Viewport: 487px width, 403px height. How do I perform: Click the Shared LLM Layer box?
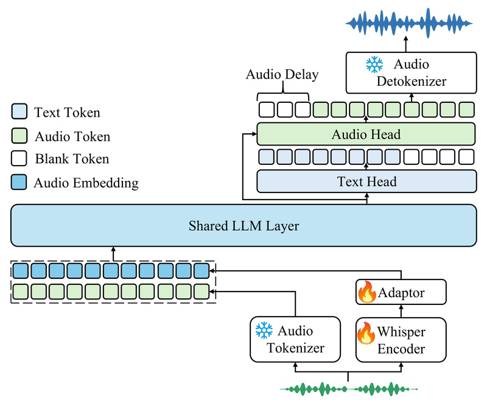coord(243,226)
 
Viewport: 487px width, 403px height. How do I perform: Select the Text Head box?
coord(366,181)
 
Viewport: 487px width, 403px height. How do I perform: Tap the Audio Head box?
coord(366,134)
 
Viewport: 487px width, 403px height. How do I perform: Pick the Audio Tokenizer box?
coord(295,340)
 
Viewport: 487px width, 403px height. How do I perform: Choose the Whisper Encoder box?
coord(401,340)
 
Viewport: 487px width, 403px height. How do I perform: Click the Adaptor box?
coord(401,293)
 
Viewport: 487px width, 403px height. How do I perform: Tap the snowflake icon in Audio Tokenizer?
coord(264,331)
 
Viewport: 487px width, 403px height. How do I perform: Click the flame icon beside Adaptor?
coord(366,293)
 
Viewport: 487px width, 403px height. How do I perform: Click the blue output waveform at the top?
coord(409,23)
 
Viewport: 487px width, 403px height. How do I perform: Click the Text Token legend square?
coord(19,112)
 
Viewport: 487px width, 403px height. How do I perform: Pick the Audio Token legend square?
coord(19,136)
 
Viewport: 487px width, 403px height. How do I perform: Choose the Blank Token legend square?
coord(19,159)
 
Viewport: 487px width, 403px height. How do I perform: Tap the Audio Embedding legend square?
coord(19,183)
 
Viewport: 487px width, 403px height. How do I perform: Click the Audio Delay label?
coord(282,75)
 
